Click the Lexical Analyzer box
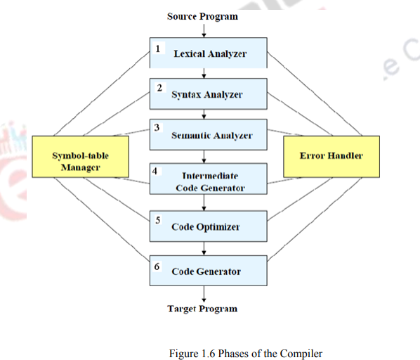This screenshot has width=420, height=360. (x=209, y=53)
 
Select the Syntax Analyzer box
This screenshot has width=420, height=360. (x=209, y=94)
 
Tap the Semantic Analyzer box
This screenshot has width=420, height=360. (x=209, y=134)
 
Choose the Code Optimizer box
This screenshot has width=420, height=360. (x=209, y=226)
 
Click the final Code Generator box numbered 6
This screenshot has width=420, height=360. (x=209, y=271)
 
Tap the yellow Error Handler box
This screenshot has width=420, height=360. (x=331, y=155)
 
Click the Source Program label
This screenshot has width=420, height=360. (x=202, y=16)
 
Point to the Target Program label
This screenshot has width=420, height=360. (x=202, y=309)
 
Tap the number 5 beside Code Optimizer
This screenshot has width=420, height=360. (x=157, y=219)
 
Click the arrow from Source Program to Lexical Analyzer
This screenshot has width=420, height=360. (x=203, y=30)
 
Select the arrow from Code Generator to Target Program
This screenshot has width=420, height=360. (x=203, y=293)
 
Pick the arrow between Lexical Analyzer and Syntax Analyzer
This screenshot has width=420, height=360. (x=203, y=73)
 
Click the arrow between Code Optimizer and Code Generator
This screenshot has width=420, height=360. (x=203, y=248)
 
